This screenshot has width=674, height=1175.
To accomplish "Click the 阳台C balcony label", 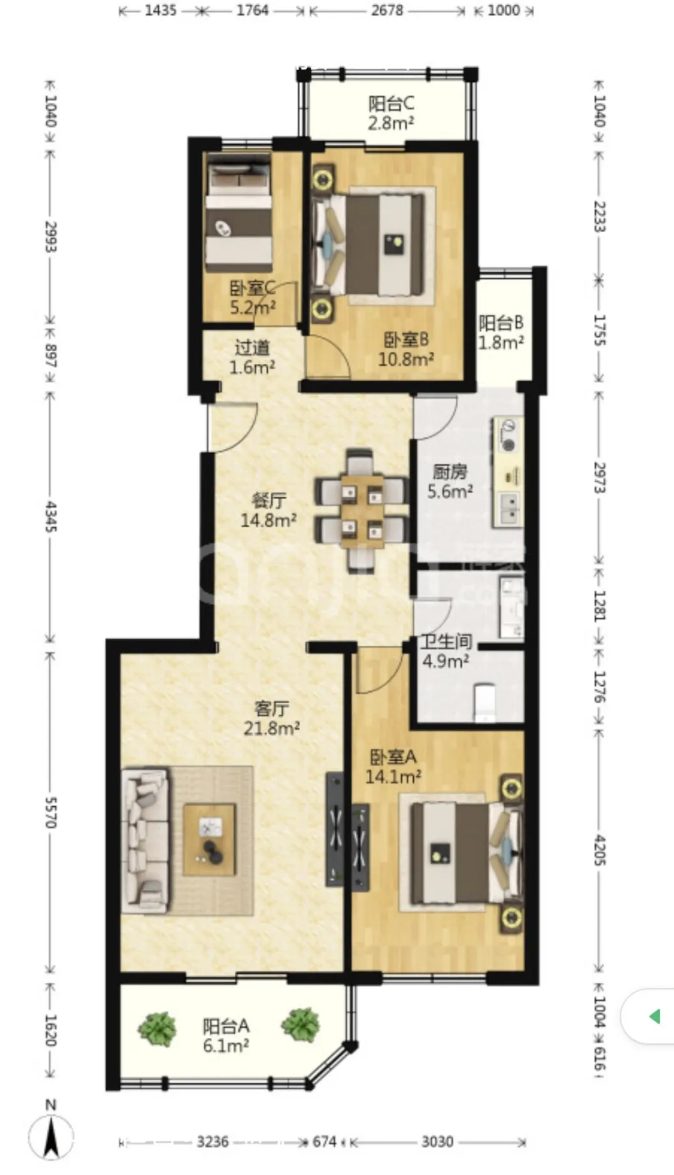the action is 391,113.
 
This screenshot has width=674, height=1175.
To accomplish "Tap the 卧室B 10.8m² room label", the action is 406,349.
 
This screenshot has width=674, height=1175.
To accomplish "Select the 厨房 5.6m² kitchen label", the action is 450,481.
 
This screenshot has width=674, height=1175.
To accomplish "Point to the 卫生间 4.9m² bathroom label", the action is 446,651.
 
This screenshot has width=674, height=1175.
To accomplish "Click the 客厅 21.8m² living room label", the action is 271,718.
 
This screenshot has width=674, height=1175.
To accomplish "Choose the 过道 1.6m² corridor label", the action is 252,358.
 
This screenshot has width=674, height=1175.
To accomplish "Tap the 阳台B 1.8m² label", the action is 501,333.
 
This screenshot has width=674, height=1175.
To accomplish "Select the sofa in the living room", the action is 145,840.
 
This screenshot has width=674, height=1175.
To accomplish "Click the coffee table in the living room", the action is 210,840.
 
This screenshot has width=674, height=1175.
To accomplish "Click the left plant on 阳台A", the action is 157,1028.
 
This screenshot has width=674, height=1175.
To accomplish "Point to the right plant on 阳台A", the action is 300,1025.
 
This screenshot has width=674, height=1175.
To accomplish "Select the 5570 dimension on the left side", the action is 51,812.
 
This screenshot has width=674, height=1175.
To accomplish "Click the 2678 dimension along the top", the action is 387,10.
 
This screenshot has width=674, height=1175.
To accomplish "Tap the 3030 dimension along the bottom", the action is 437,1141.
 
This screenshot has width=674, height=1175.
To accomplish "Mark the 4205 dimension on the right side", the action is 599,850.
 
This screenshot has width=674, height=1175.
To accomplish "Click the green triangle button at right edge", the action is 655,1017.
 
